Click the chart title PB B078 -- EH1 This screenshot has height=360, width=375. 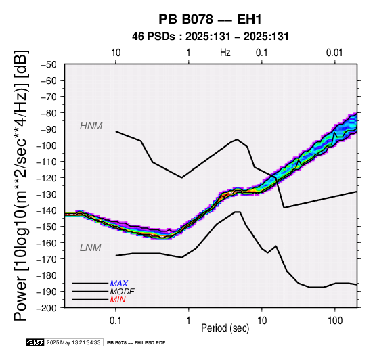(210, 19)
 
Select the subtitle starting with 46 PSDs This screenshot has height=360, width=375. (211, 37)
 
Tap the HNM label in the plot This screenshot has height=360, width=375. (91, 126)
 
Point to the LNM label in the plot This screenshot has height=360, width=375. (91, 248)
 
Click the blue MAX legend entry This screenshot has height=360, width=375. (118, 284)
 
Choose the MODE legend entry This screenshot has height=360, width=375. (122, 292)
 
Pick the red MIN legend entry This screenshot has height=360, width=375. (118, 300)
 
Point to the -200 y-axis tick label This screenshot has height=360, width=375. (47, 308)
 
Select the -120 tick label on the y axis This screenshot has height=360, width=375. (47, 178)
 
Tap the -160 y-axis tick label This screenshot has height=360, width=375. (47, 243)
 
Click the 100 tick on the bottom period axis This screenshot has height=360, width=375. (335, 321)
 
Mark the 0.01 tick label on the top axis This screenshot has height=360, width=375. (334, 53)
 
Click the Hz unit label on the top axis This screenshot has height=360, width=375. (225, 53)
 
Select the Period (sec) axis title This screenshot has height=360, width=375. (225, 328)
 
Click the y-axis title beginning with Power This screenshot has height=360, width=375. (20, 185)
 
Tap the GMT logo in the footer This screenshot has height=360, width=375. (35, 342)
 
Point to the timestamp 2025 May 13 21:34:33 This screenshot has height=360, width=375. (73, 342)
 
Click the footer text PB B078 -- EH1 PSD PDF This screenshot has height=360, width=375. (136, 342)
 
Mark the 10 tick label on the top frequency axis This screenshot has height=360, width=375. (116, 53)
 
